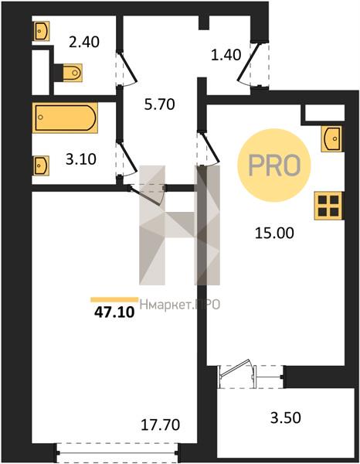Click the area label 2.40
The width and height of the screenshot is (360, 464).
pyautogui.click(x=84, y=42)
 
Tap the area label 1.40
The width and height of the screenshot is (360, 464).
pyautogui.click(x=226, y=55)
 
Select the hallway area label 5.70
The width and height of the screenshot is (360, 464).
pyautogui.click(x=160, y=104)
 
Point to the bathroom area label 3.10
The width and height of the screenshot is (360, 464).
pyautogui.click(x=80, y=159)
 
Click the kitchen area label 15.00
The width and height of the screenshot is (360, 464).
pyautogui.click(x=274, y=234)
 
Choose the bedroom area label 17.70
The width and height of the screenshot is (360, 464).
pyautogui.click(x=160, y=425)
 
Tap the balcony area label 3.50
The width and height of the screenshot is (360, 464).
pyautogui.click(x=286, y=418)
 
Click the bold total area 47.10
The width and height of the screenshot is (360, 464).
pyautogui.click(x=114, y=312)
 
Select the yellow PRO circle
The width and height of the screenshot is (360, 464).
pyautogui.click(x=274, y=165)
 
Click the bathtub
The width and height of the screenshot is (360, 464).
pyautogui.click(x=65, y=118)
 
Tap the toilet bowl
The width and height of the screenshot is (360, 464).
pyautogui.click(x=72, y=72)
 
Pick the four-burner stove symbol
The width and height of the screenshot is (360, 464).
pyautogui.click(x=328, y=206)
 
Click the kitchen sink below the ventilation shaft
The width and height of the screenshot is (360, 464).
pyautogui.click(x=331, y=138)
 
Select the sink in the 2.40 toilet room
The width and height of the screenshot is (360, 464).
pyautogui.click(x=40, y=31)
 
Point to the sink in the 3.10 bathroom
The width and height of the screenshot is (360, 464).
pyautogui.click(x=41, y=165)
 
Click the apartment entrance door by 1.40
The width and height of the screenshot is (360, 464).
pyautogui.click(x=250, y=64)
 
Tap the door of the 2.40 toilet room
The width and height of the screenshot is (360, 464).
pyautogui.click(x=127, y=70)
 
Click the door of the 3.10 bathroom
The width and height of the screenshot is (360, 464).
pyautogui.click(x=127, y=159)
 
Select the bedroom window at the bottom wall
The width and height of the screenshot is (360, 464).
pyautogui.click(x=117, y=452)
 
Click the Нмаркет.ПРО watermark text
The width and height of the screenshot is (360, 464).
pyautogui.click(x=180, y=304)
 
